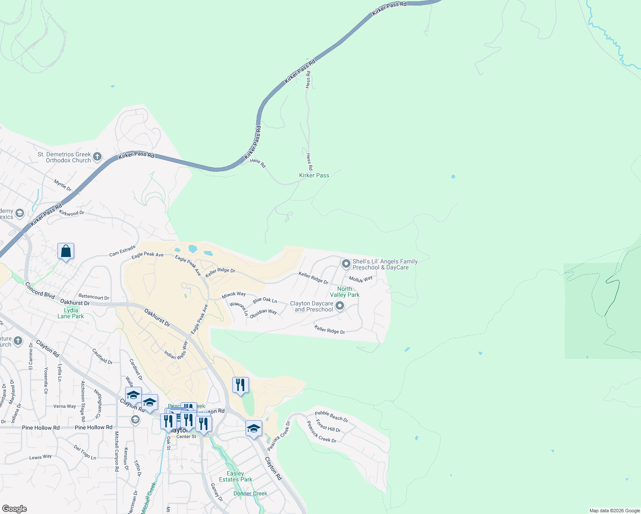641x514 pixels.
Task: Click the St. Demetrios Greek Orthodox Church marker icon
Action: [97, 157]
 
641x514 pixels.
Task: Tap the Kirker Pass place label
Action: [314, 175]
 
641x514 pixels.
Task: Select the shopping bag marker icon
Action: [66, 251]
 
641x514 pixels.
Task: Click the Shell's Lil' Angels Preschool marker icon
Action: [346, 264]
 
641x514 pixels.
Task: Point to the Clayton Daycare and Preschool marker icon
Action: [340, 306]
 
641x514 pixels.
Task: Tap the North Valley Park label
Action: [344, 292]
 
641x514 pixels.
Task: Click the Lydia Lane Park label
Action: [71, 313]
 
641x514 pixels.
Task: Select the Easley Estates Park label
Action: [235, 476]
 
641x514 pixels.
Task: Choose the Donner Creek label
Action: [250, 493]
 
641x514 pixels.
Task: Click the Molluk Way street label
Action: [360, 279]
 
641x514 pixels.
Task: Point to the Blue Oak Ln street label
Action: [265, 300]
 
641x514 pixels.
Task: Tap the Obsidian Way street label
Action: [263, 313]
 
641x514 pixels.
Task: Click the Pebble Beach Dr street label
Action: [331, 416]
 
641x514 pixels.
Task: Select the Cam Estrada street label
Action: [122, 251]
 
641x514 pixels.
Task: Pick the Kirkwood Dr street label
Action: [72, 213]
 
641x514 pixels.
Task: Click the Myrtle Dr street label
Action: [63, 185]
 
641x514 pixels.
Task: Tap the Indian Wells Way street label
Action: [176, 350]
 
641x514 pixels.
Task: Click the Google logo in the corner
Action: [15, 509]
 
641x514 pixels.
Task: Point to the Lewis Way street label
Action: [40, 457]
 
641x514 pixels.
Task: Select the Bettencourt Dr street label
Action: [93, 297]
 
